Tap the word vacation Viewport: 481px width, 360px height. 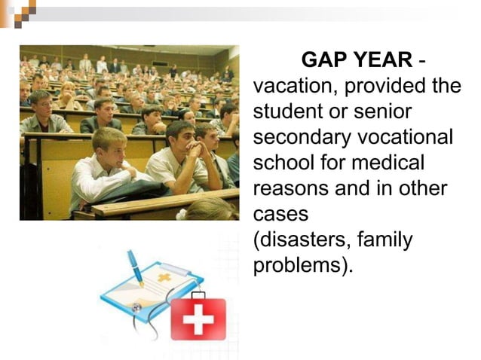294,86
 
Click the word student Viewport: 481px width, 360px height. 284,111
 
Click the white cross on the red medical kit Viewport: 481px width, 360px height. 198,319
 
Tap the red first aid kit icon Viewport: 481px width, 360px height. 198,316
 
